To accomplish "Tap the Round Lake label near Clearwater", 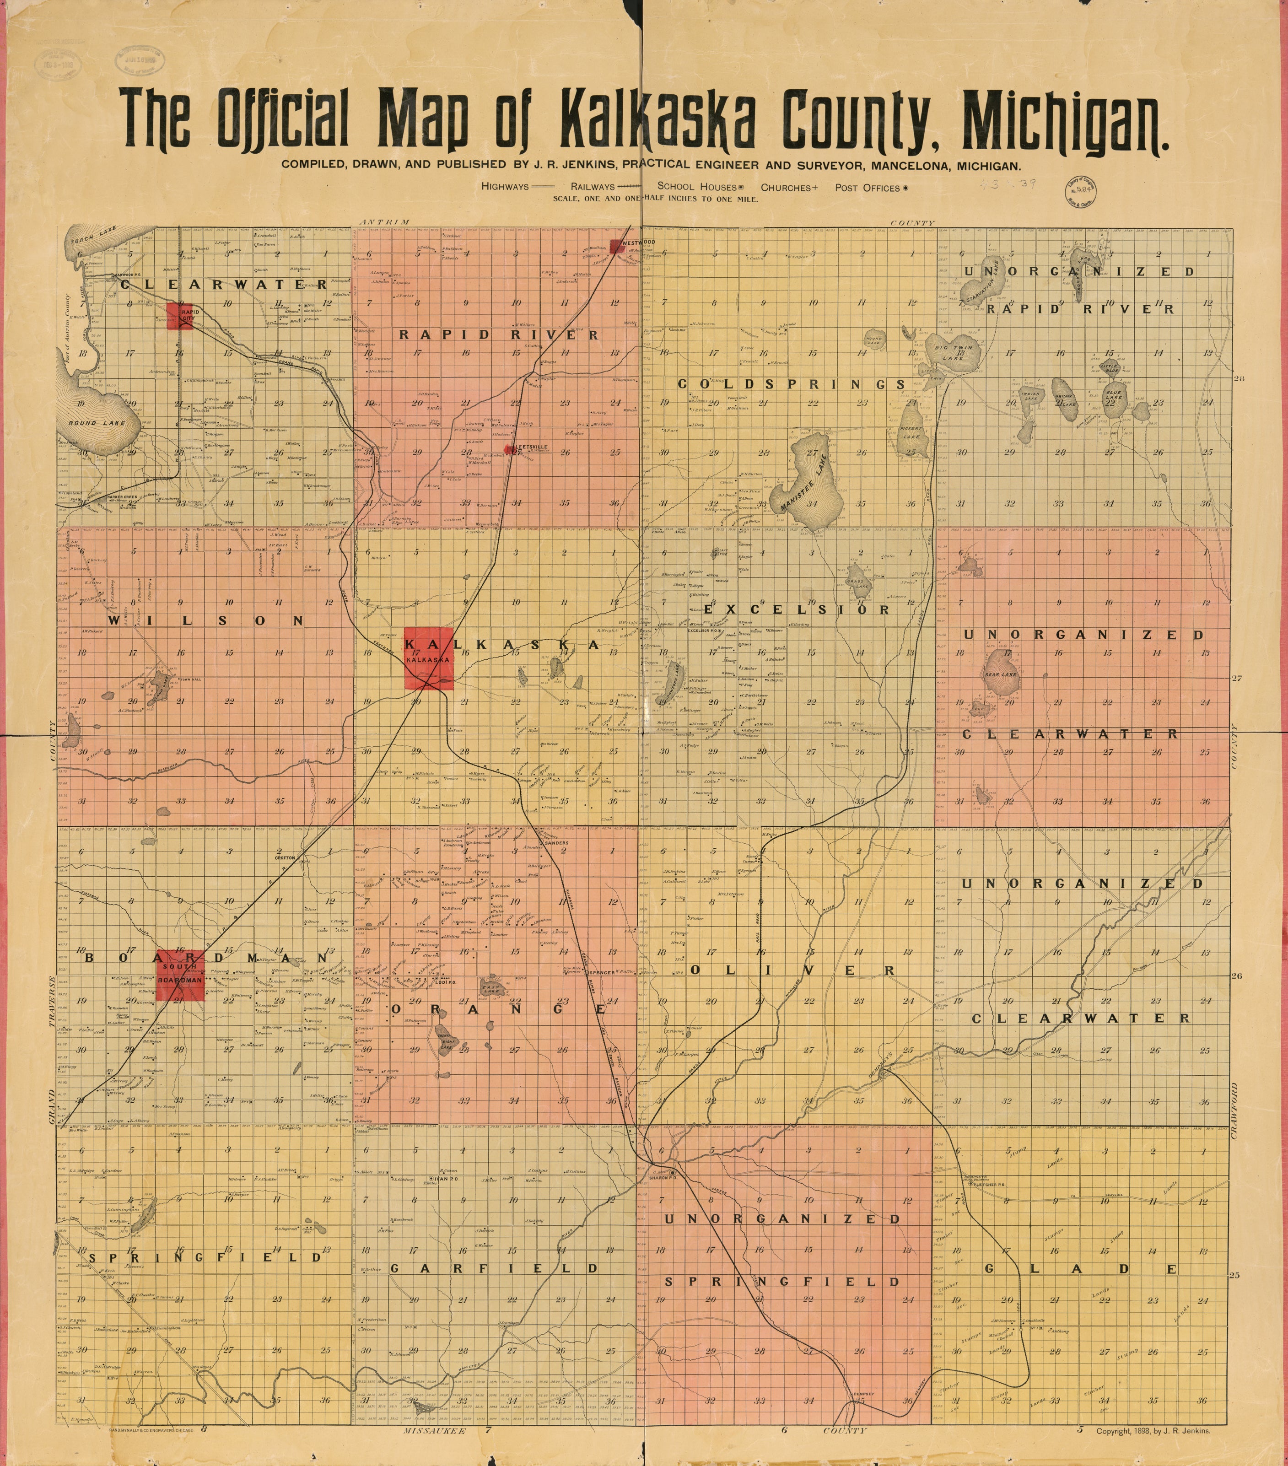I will (97, 423).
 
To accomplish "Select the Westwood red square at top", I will (616, 246).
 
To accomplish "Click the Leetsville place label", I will (531, 447).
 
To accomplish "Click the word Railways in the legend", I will (593, 187).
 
